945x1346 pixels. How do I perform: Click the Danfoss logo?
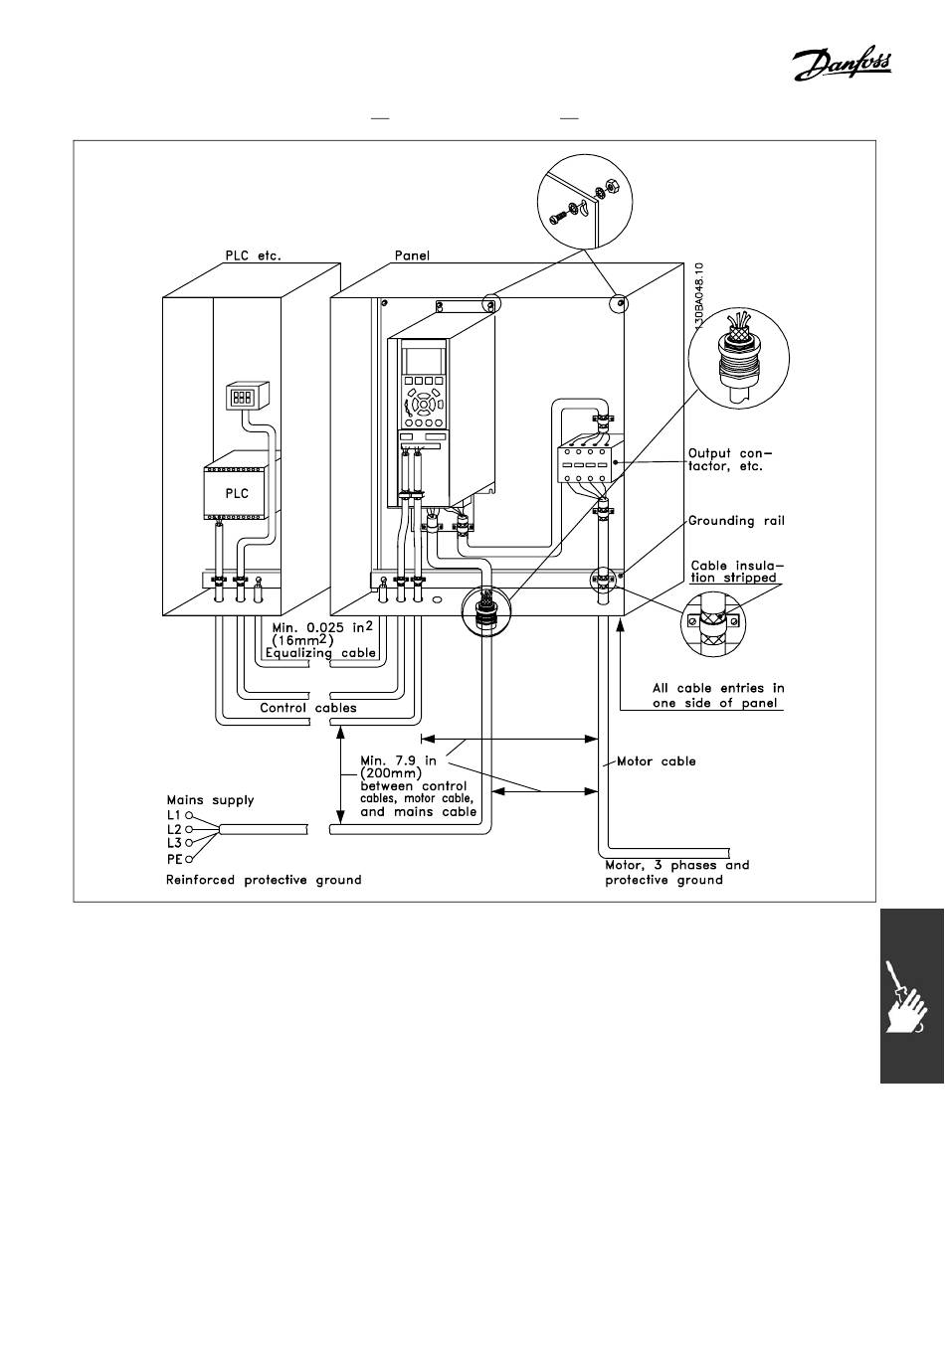click(841, 65)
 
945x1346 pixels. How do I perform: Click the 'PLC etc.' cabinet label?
click(253, 255)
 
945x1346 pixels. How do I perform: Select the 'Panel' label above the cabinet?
click(412, 255)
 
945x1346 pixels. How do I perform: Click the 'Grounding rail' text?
click(736, 520)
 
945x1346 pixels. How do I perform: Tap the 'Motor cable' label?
click(657, 760)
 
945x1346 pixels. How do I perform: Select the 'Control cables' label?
click(307, 707)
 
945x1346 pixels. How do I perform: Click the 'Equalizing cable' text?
click(320, 653)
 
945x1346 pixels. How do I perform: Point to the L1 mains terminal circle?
click(189, 815)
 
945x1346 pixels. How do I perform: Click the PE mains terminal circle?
click(189, 859)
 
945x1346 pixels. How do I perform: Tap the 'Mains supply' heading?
click(211, 800)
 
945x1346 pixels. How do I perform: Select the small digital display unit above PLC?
click(247, 396)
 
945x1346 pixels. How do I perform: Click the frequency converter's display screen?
click(424, 361)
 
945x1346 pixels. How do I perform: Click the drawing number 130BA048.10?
click(698, 296)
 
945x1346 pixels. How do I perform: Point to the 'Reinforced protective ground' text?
click(264, 880)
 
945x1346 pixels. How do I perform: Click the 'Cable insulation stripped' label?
click(737, 572)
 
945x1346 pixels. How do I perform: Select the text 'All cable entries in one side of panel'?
click(718, 695)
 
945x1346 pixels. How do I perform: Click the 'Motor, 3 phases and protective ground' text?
click(677, 873)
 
